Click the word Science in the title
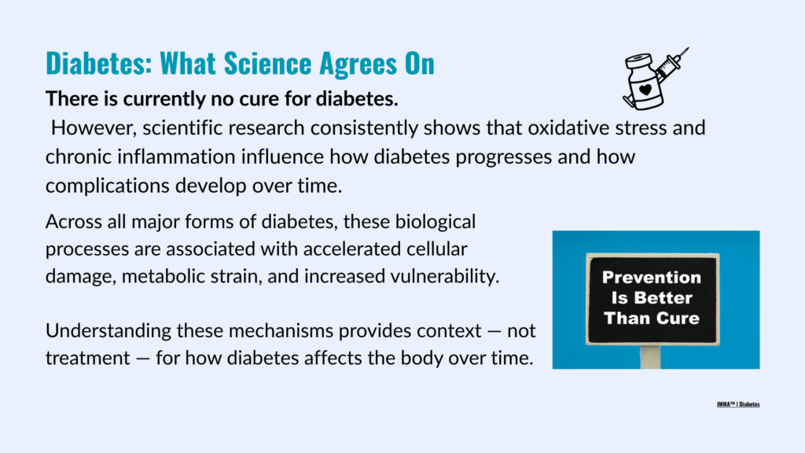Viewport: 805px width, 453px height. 267,63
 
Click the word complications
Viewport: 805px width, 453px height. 107,186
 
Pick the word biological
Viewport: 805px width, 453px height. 436,222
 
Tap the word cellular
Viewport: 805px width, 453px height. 437,249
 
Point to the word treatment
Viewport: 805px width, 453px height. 88,358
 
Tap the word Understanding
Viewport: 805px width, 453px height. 108,331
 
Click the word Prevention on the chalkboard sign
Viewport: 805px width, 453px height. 652,278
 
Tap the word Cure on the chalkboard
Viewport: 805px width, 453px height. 677,319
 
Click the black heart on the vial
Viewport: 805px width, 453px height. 645,90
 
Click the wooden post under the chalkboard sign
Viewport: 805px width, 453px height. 650,356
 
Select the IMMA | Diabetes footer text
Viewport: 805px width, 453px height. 738,405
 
